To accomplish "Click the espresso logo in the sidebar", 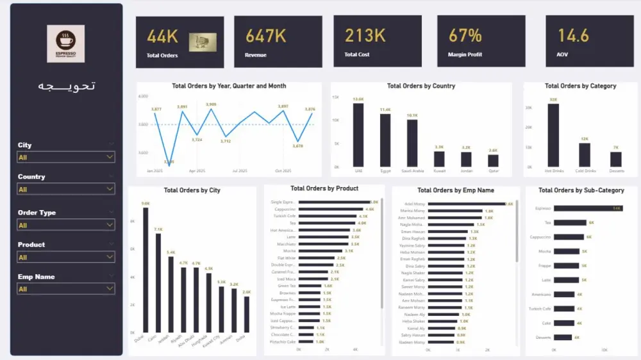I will (x=65, y=44).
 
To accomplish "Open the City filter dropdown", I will (x=66, y=157).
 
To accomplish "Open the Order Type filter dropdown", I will (x=66, y=225).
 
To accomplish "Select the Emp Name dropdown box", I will (x=66, y=289).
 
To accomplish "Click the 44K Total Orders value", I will (x=162, y=37).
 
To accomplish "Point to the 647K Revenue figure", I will (x=265, y=36).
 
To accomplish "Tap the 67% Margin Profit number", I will (x=465, y=35).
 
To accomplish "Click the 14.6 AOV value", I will (x=573, y=35).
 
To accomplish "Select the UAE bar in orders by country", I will (x=358, y=135).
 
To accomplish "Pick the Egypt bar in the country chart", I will (x=385, y=140).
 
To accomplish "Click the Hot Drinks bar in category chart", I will (x=553, y=135).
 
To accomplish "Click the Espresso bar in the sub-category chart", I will (x=588, y=208).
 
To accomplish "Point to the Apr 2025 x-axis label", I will (x=197, y=171).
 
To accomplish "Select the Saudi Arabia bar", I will (x=412, y=143).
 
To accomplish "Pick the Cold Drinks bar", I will (x=584, y=154).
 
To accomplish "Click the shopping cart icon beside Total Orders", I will (x=202, y=42).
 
